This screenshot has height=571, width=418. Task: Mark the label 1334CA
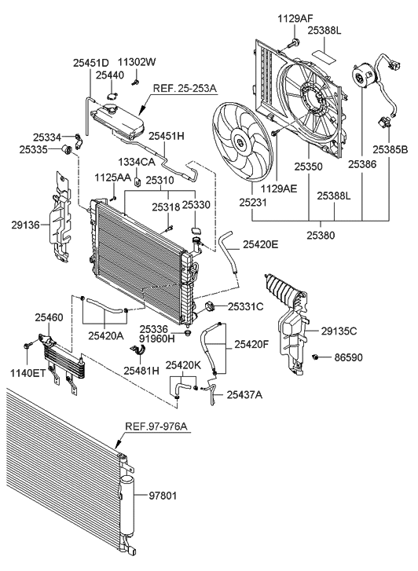tap(136, 162)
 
